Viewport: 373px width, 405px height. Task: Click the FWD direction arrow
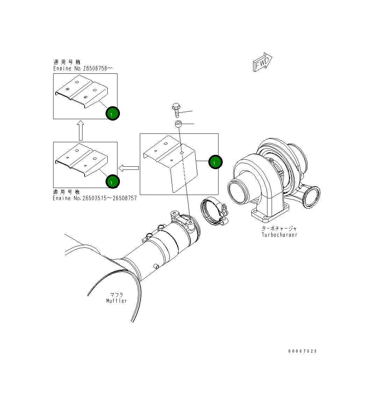point(262,62)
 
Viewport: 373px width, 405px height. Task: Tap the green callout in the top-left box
point(112,113)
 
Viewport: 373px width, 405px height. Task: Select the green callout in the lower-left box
point(112,182)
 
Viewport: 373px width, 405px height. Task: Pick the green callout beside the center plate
point(215,162)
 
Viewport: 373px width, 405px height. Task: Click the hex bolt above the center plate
point(176,110)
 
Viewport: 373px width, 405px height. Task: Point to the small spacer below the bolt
point(178,124)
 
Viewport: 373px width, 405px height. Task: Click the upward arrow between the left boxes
point(81,130)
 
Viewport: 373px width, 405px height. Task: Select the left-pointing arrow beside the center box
point(129,168)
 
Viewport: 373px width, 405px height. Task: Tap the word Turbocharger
point(279,235)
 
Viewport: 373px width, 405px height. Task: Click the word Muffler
point(116,301)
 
